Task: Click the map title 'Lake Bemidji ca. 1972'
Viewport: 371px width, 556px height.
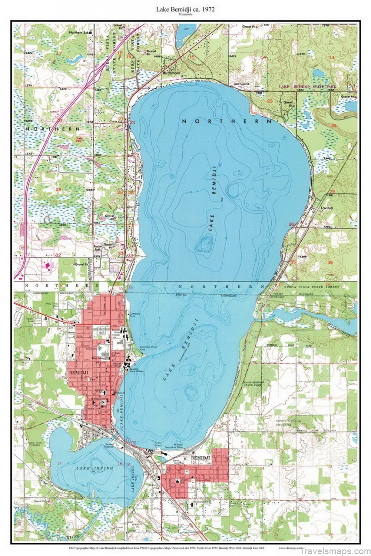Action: (185, 9)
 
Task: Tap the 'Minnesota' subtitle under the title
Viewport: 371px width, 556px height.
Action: (185, 15)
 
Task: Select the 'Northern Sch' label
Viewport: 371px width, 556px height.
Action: (79, 32)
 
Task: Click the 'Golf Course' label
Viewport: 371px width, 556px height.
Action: (242, 84)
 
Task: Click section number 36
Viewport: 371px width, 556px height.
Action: (331, 262)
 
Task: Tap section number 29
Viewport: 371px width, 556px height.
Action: (58, 190)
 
